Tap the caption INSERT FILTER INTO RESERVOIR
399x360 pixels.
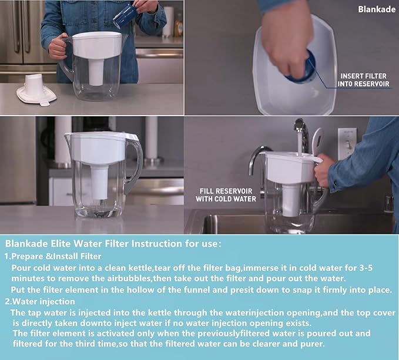click(364, 80)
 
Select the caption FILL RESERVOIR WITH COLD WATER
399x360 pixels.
click(228, 194)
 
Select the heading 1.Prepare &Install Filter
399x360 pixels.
click(53, 256)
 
